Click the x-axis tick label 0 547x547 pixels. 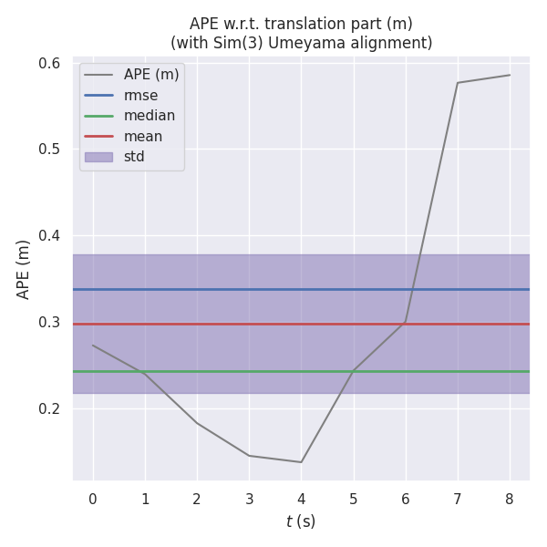click(92, 499)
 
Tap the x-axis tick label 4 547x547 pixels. click(301, 499)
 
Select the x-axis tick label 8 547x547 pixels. click(510, 499)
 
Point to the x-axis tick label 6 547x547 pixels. click(405, 499)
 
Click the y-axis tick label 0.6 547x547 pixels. click(49, 63)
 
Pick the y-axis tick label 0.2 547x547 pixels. click(49, 408)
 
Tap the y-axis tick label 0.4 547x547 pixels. click(49, 236)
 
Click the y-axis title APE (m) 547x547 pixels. click(24, 269)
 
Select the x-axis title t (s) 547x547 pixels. click(301, 521)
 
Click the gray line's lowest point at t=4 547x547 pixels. click(301, 462)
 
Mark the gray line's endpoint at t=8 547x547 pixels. click(510, 75)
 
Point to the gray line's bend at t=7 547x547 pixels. click(458, 83)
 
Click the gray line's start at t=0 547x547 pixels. click(92, 345)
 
